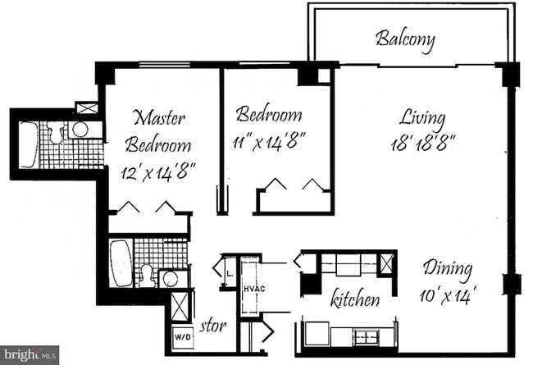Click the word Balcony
tap(404, 39)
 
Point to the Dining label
tap(447, 267)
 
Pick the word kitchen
tap(354, 300)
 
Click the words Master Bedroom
tap(160, 131)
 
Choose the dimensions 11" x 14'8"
tap(270, 142)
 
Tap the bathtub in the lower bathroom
tap(121, 262)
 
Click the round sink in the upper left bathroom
tap(80, 130)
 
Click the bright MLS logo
tap(30, 355)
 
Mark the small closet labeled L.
tap(226, 267)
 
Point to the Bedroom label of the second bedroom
tap(268, 115)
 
